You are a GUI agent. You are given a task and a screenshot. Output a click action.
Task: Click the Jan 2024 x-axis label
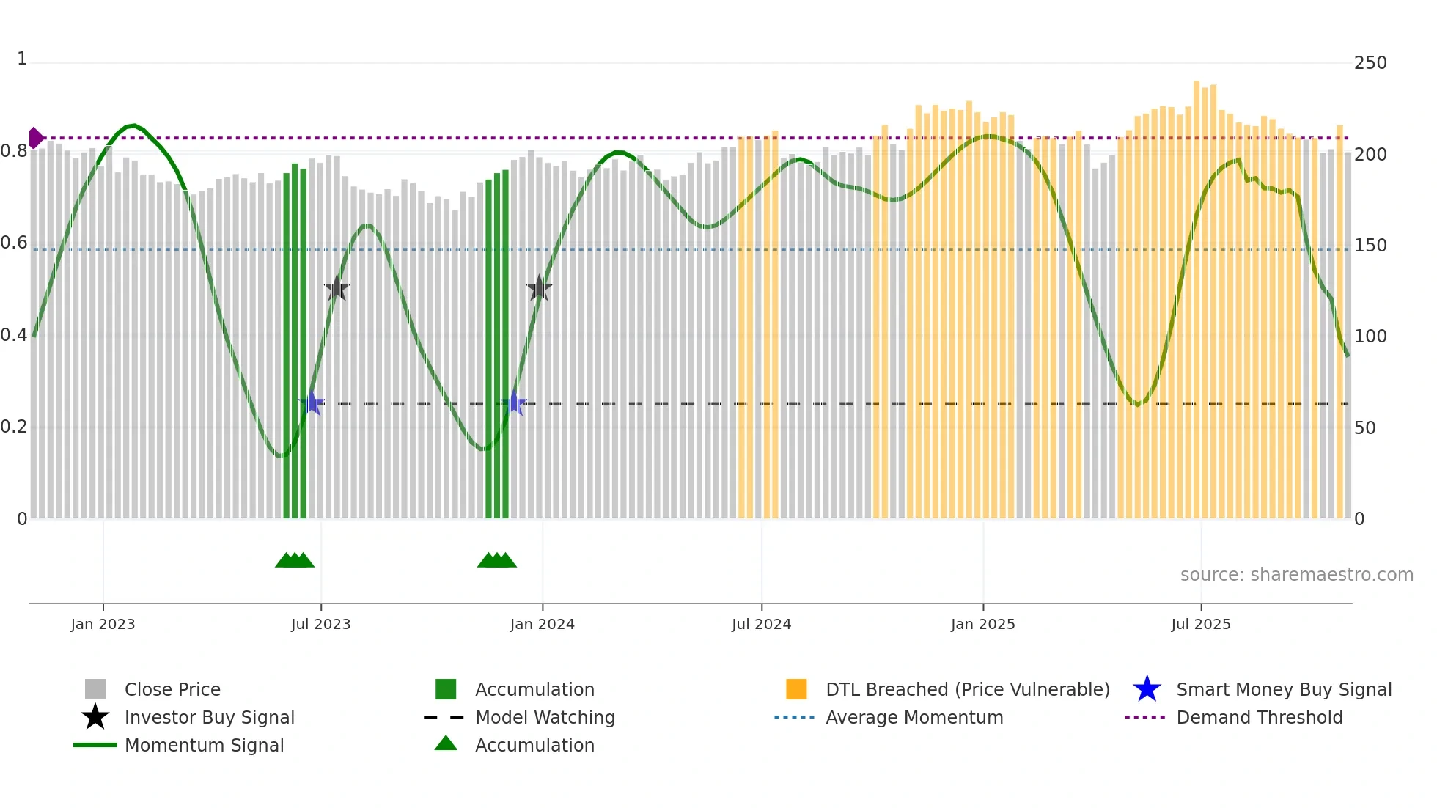click(542, 624)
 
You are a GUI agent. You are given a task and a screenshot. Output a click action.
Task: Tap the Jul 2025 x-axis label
click(1200, 624)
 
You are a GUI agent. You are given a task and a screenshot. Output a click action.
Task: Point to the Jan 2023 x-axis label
click(103, 624)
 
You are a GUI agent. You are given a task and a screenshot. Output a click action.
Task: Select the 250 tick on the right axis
click(1370, 63)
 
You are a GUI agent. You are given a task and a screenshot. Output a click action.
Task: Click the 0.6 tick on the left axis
click(14, 243)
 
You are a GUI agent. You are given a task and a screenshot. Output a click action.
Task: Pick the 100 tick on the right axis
click(1370, 337)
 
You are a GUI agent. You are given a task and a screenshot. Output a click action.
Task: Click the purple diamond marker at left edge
click(35, 138)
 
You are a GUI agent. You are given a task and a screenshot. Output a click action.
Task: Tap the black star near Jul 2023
click(337, 288)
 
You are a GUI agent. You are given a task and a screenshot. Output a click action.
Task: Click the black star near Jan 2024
click(539, 288)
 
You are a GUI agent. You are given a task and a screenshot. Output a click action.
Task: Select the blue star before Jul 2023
click(312, 403)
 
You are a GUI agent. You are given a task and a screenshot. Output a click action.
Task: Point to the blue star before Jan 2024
click(514, 403)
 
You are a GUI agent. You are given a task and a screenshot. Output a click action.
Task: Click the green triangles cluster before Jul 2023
click(295, 560)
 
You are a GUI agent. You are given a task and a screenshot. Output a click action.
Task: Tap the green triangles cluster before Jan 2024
click(497, 560)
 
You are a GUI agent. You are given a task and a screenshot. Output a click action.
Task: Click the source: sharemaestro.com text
click(1296, 575)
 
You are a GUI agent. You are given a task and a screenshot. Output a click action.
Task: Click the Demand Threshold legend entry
click(1259, 717)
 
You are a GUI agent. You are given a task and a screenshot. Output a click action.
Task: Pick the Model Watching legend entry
click(544, 717)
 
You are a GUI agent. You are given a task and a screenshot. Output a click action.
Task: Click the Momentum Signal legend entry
click(204, 745)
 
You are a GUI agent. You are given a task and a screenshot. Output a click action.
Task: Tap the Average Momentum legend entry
click(914, 717)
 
